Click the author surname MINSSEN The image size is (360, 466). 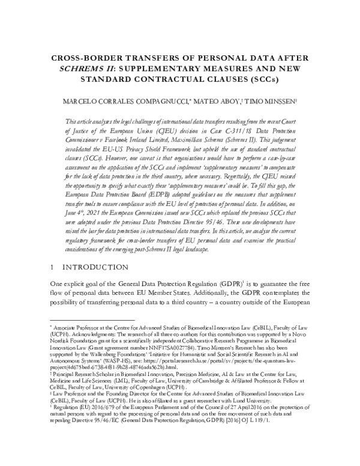tap(260, 102)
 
